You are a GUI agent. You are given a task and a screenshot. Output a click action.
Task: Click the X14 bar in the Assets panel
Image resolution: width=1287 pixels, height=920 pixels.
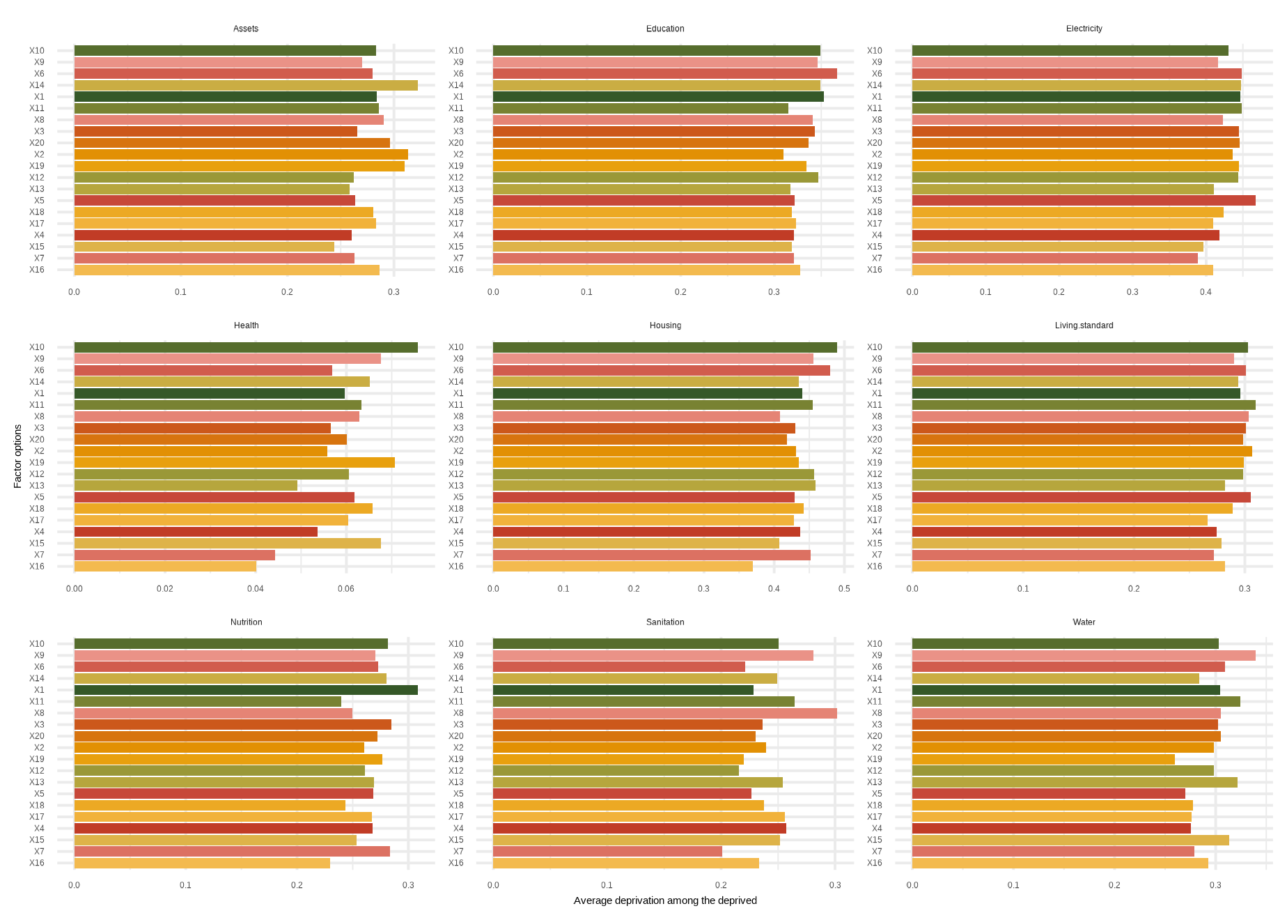click(x=246, y=85)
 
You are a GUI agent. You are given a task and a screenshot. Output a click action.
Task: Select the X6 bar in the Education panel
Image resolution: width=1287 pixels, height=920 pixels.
click(x=664, y=74)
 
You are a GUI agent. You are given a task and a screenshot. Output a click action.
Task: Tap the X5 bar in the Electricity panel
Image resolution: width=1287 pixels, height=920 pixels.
click(x=1084, y=201)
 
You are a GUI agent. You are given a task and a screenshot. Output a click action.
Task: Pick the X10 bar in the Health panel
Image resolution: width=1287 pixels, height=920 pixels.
click(x=246, y=347)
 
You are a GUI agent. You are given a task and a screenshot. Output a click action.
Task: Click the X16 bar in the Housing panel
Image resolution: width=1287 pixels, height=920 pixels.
click(x=623, y=567)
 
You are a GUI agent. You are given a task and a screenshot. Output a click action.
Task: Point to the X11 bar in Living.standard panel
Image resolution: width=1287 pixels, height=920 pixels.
click(x=1084, y=405)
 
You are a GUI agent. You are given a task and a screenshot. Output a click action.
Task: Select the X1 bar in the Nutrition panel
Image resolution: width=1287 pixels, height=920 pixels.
click(x=246, y=690)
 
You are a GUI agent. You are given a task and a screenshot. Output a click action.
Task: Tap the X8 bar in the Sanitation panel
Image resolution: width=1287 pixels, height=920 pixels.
click(x=664, y=713)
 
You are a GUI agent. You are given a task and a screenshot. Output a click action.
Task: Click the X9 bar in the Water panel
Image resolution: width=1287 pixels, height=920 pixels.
click(x=1084, y=655)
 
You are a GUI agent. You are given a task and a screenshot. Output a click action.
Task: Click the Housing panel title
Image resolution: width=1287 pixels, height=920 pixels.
click(x=665, y=325)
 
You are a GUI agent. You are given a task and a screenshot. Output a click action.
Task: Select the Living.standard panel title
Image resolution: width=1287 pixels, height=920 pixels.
click(x=1084, y=325)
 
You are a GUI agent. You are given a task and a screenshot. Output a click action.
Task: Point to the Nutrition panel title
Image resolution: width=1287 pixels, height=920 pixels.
click(x=247, y=622)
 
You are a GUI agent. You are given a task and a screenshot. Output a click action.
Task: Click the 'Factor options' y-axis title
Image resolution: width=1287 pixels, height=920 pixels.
click(x=18, y=457)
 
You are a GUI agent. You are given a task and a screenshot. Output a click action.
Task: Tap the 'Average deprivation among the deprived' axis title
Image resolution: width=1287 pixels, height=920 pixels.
click(x=665, y=900)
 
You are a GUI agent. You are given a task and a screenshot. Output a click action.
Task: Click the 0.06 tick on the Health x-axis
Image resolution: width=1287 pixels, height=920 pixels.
click(x=346, y=589)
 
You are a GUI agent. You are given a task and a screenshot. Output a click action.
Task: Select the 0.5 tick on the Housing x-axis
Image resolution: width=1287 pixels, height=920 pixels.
click(x=844, y=589)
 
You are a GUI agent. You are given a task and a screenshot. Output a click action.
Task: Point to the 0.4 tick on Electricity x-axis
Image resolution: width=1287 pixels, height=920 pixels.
click(x=1206, y=292)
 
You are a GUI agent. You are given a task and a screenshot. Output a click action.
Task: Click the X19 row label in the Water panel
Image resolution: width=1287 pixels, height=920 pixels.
click(x=874, y=759)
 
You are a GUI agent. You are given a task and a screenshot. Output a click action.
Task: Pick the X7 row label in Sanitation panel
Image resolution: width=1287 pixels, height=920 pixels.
click(x=458, y=852)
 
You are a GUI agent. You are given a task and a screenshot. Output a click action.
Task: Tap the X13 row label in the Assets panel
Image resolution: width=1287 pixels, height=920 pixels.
click(x=37, y=189)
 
